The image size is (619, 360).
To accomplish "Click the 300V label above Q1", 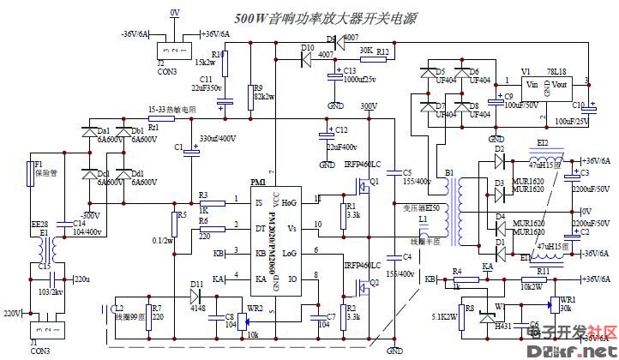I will click(369, 106).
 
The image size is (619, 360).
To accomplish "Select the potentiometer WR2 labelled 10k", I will click(249, 321).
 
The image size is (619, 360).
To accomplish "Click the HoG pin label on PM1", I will click(289, 202).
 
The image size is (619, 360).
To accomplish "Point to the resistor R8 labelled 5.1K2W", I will click(468, 311).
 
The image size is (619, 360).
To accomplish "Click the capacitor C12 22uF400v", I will click(327, 134).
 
